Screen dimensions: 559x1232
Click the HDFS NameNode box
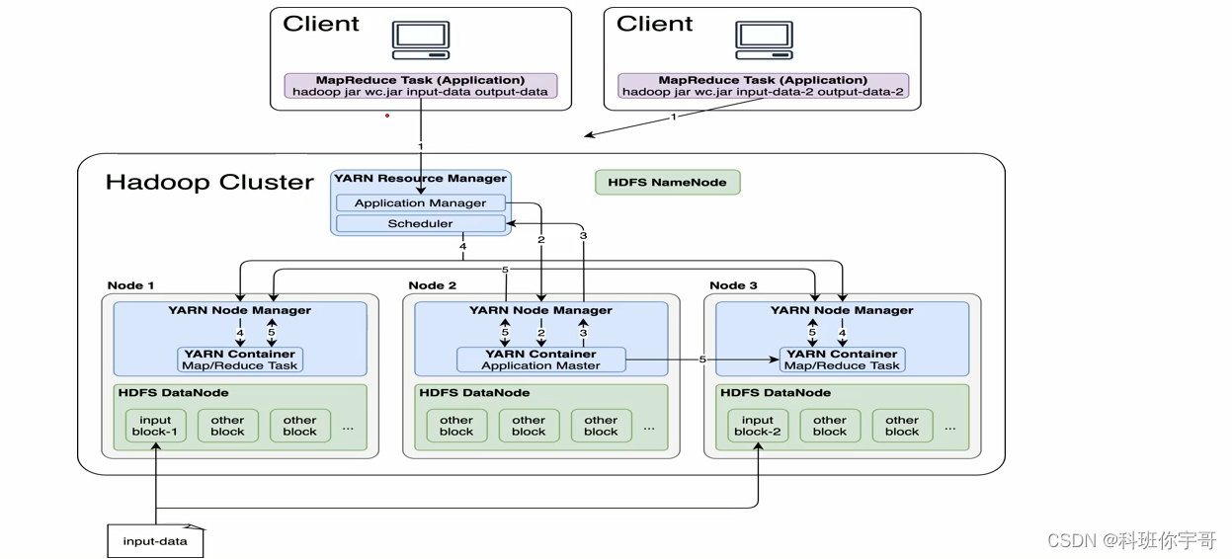pyautogui.click(x=667, y=182)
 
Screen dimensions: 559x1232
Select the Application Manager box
pyautogui.click(x=420, y=202)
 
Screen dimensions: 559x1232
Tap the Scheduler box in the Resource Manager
pyautogui.click(x=420, y=223)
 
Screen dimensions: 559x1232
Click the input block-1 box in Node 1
pyautogui.click(x=155, y=426)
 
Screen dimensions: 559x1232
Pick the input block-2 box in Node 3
pyautogui.click(x=758, y=426)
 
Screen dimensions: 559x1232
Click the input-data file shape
pyautogui.click(x=155, y=540)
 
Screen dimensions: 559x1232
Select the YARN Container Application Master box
pyautogui.click(x=540, y=359)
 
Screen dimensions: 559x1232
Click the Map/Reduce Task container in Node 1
pyautogui.click(x=240, y=359)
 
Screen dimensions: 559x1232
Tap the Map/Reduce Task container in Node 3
pyautogui.click(x=842, y=359)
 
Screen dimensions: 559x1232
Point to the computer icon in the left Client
pyautogui.click(x=421, y=40)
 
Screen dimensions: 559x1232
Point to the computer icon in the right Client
pyautogui.click(x=764, y=40)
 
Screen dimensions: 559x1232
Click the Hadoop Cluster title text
pyautogui.click(x=209, y=182)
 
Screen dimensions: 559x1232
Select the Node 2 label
pyautogui.click(x=433, y=285)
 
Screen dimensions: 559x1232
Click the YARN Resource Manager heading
pyautogui.click(x=420, y=179)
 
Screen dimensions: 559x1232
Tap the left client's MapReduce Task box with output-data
pyautogui.click(x=421, y=86)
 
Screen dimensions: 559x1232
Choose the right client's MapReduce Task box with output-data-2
pyautogui.click(x=762, y=86)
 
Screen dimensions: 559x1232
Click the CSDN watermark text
pyautogui.click(x=1131, y=540)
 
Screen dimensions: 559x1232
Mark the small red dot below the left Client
pyautogui.click(x=387, y=116)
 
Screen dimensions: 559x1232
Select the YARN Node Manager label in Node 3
pyautogui.click(x=842, y=310)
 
